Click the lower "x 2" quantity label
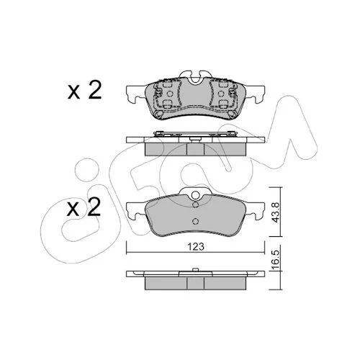[x=84, y=207]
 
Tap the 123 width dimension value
[x=196, y=246]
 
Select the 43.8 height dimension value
[x=276, y=212]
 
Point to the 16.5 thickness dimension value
[x=276, y=260]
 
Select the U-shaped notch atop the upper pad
[x=195, y=78]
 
